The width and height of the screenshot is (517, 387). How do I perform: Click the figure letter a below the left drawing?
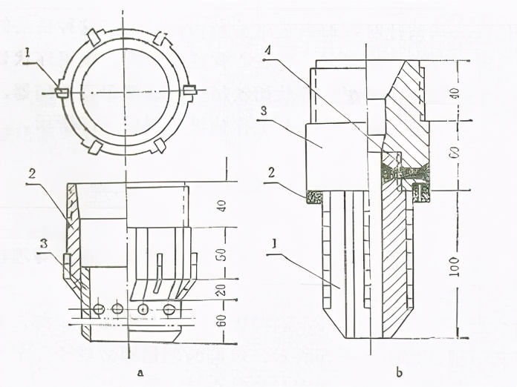pyautogui.click(x=140, y=368)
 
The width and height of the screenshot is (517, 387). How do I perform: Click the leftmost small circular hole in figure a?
pyautogui.click(x=97, y=308)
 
